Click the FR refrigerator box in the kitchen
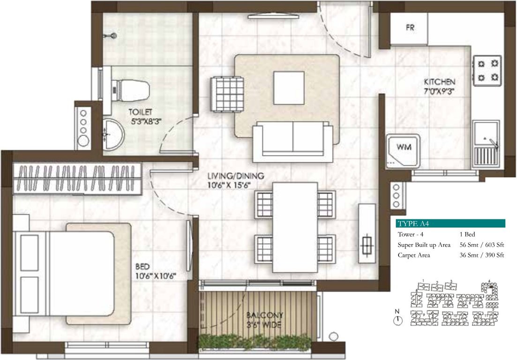pos(410,28)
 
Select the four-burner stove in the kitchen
pos(487,70)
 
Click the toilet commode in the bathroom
pos(131,90)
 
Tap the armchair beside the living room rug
pos(227,93)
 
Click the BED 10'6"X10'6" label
pos(154,271)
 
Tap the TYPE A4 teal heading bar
pos(450,223)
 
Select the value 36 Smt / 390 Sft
pos(481,255)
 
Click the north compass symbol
pos(397,320)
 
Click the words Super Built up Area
pos(424,245)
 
